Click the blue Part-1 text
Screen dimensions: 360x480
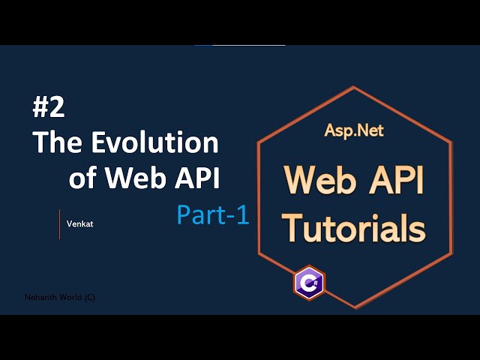pyautogui.click(x=212, y=215)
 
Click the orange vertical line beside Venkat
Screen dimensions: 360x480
pyautogui.click(x=59, y=223)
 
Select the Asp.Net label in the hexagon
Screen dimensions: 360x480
pyautogui.click(x=353, y=130)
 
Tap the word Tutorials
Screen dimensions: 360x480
pyautogui.click(x=353, y=226)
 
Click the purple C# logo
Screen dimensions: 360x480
pyautogui.click(x=308, y=283)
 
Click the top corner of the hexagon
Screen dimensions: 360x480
pyautogui.click(x=355, y=87)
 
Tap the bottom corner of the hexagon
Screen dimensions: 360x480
pyautogui.click(x=355, y=308)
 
